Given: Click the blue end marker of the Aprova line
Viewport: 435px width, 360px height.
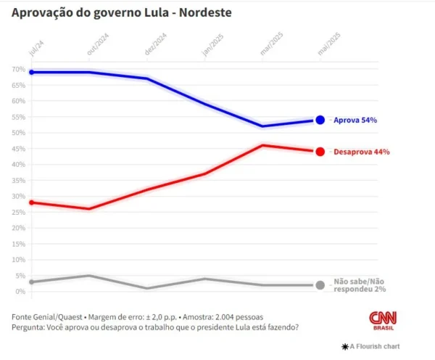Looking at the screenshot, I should [320, 120].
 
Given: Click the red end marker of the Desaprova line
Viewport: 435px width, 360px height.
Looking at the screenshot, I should [320, 152].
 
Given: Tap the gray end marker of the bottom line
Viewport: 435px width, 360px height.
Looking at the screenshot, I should [320, 285].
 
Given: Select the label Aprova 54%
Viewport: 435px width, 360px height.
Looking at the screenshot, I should [355, 120].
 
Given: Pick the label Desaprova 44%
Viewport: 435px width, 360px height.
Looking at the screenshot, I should [361, 152].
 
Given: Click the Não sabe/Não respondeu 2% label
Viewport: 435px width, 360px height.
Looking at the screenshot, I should [360, 285].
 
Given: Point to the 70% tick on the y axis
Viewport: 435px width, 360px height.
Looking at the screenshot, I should [18, 69].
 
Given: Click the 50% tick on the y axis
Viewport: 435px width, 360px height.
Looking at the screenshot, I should [18, 133].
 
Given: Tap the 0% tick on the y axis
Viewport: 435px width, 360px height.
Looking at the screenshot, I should [20, 292].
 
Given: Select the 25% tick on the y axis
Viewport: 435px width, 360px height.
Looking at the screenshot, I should [18, 212].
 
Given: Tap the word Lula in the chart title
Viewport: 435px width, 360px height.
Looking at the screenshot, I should [136, 13].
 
